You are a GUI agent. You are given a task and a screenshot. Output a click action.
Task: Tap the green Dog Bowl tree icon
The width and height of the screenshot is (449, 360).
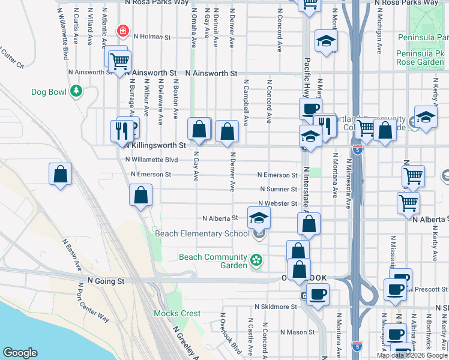pyautogui.click(x=76, y=91)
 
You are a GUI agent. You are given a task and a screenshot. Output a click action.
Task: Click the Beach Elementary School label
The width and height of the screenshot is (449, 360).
pyautogui.click(x=202, y=233)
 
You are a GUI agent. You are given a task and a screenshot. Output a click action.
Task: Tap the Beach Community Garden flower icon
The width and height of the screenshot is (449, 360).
pyautogui.click(x=257, y=260)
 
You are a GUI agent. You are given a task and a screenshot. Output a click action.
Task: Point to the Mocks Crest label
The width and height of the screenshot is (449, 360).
pyautogui.click(x=177, y=313)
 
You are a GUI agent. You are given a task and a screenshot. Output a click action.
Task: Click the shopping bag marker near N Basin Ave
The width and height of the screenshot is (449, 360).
pyautogui.click(x=61, y=174)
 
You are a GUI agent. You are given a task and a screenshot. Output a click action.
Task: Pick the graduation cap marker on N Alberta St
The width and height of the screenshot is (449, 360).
pyautogui.click(x=259, y=217)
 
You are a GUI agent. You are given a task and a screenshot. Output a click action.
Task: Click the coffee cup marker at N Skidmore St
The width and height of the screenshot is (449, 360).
pyautogui.click(x=318, y=293)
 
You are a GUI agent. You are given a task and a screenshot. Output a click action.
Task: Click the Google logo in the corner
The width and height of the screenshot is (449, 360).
pyautogui.click(x=20, y=353)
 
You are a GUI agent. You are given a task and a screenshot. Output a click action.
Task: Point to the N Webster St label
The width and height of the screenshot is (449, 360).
pyautogui.click(x=278, y=204)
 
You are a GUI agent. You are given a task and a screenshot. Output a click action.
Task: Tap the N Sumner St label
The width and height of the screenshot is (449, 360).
pyautogui.click(x=278, y=189)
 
